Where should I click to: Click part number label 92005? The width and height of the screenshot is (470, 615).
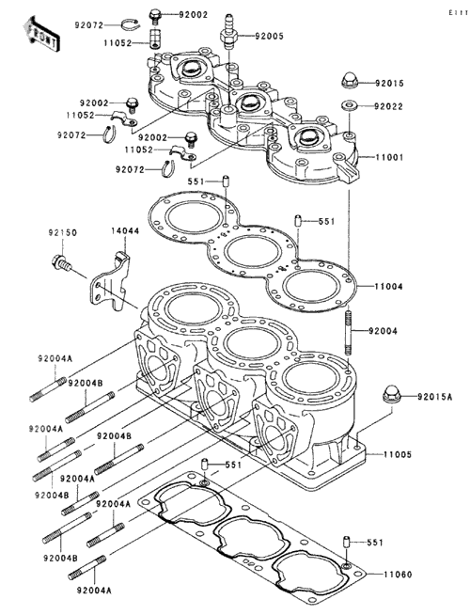click(x=269, y=36)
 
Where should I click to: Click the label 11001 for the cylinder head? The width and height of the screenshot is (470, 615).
click(x=389, y=157)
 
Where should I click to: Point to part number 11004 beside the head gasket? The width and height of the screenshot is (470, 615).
click(x=388, y=287)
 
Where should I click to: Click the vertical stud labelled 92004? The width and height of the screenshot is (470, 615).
click(x=349, y=333)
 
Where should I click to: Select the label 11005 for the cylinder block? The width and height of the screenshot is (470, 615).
click(x=398, y=454)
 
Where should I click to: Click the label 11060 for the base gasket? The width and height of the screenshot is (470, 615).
click(x=398, y=575)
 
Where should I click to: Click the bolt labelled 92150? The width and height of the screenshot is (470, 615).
click(x=61, y=262)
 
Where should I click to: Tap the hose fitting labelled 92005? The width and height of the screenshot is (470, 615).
click(x=227, y=30)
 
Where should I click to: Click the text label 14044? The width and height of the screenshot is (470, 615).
click(x=125, y=231)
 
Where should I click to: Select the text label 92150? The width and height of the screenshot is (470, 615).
click(x=63, y=232)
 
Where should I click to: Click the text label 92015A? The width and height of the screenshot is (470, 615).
click(x=434, y=397)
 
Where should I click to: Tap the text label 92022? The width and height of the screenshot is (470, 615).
click(x=388, y=106)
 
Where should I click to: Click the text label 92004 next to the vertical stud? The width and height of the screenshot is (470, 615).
click(x=383, y=331)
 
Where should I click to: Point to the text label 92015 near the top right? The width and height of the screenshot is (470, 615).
click(x=389, y=83)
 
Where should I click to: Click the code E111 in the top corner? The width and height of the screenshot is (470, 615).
click(x=458, y=13)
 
